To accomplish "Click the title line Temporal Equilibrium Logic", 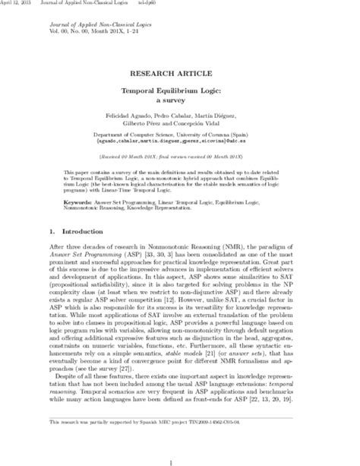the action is coord(179,89).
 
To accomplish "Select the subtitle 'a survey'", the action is coord(179,98).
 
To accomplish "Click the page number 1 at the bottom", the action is coord(179,457).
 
